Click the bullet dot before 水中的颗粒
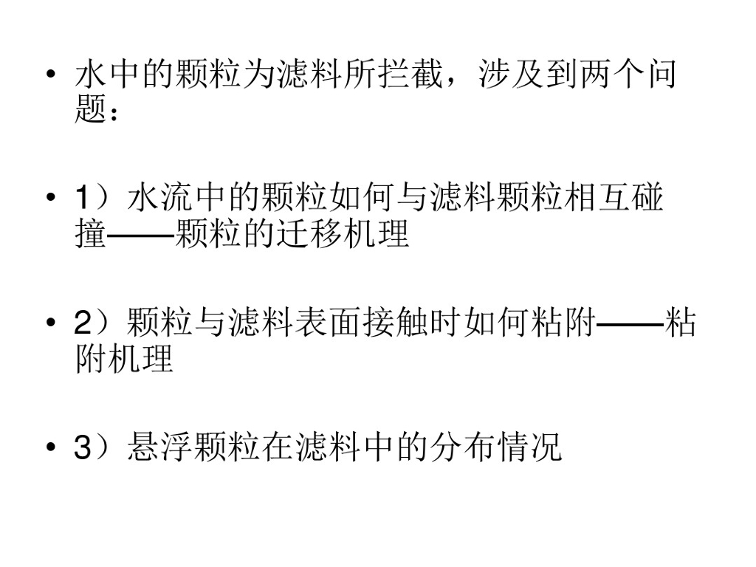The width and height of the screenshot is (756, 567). tap(49, 76)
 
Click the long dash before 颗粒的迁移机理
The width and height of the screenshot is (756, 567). tap(140, 236)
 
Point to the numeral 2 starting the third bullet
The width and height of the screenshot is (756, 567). tap(83, 323)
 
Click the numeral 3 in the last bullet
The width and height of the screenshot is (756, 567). tap(83, 448)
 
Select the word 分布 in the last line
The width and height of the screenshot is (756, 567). tap(461, 448)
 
